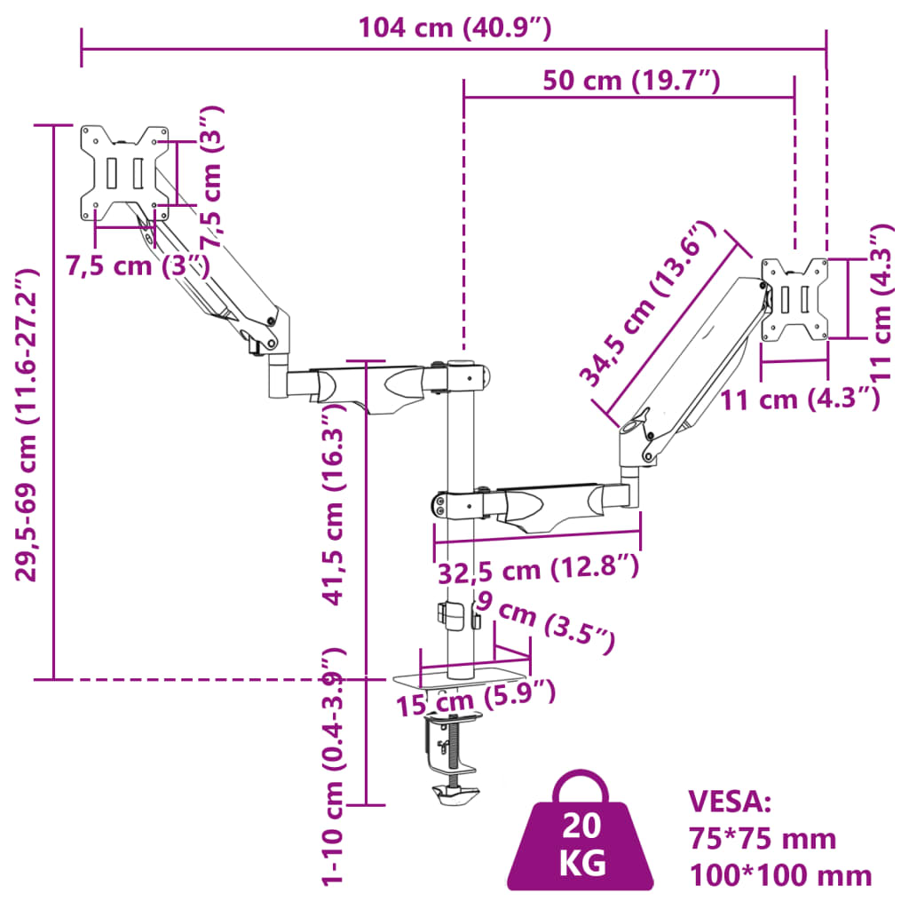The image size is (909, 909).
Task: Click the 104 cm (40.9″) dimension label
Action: pos(454,28)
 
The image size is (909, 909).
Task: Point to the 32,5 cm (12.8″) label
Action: pos(537,568)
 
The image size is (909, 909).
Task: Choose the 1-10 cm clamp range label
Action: pos(333,765)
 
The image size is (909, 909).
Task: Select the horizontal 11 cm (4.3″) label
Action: pos(799,399)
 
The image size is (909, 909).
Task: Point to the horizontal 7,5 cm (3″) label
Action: pos(138,265)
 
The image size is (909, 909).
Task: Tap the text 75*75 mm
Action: pos(763,838)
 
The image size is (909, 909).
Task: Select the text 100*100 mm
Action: pos(780,875)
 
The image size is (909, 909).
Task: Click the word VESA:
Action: pos(731,802)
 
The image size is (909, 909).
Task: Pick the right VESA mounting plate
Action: pos(794,299)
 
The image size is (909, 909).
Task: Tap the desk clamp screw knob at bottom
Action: pos(456,794)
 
